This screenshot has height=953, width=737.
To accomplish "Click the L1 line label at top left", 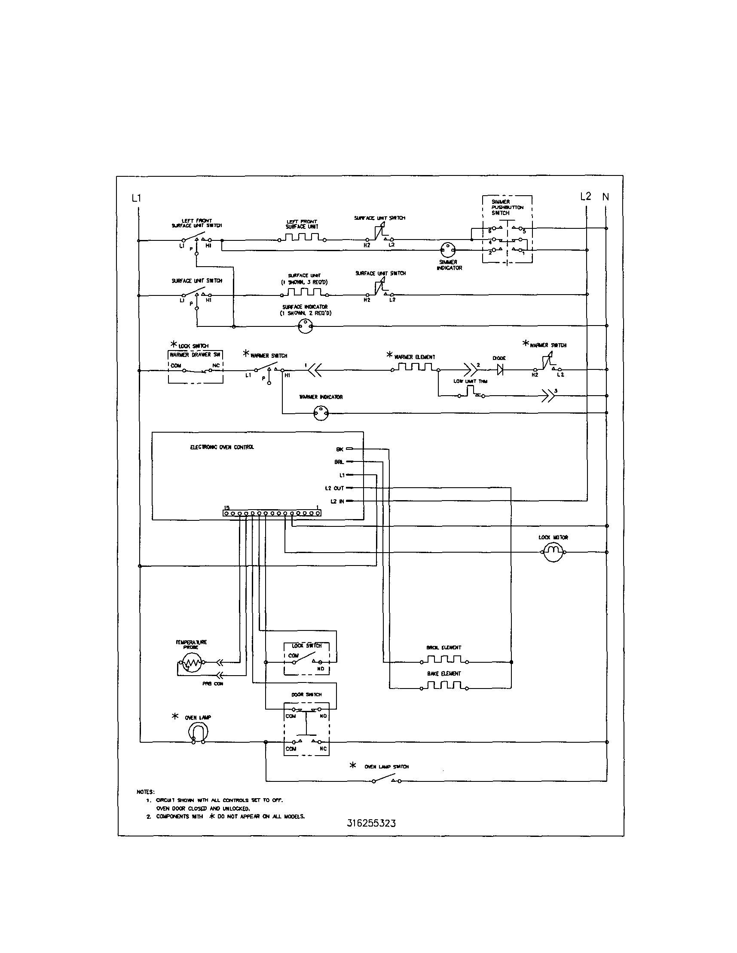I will click(137, 198).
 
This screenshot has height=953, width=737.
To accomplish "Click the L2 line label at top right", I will click(585, 197).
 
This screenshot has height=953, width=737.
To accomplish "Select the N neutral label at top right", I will click(606, 197).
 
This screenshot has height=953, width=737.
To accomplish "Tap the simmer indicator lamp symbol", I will click(448, 250).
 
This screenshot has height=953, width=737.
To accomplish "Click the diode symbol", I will click(500, 370).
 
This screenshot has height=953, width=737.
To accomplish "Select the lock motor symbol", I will click(553, 553).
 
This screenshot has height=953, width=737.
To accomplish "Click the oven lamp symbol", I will click(198, 732).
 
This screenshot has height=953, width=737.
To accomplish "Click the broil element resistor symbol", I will click(444, 659).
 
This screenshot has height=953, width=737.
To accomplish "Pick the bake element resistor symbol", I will click(444, 686).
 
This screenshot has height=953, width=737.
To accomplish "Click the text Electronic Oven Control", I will click(222, 447).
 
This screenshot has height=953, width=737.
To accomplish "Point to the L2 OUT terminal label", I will click(334, 488).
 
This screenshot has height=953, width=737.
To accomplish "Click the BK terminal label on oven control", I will click(339, 449).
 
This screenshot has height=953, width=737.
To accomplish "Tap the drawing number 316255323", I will click(371, 823).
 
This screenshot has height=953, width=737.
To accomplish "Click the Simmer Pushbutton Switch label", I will click(507, 207).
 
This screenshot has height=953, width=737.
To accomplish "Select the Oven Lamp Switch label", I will click(386, 766).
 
